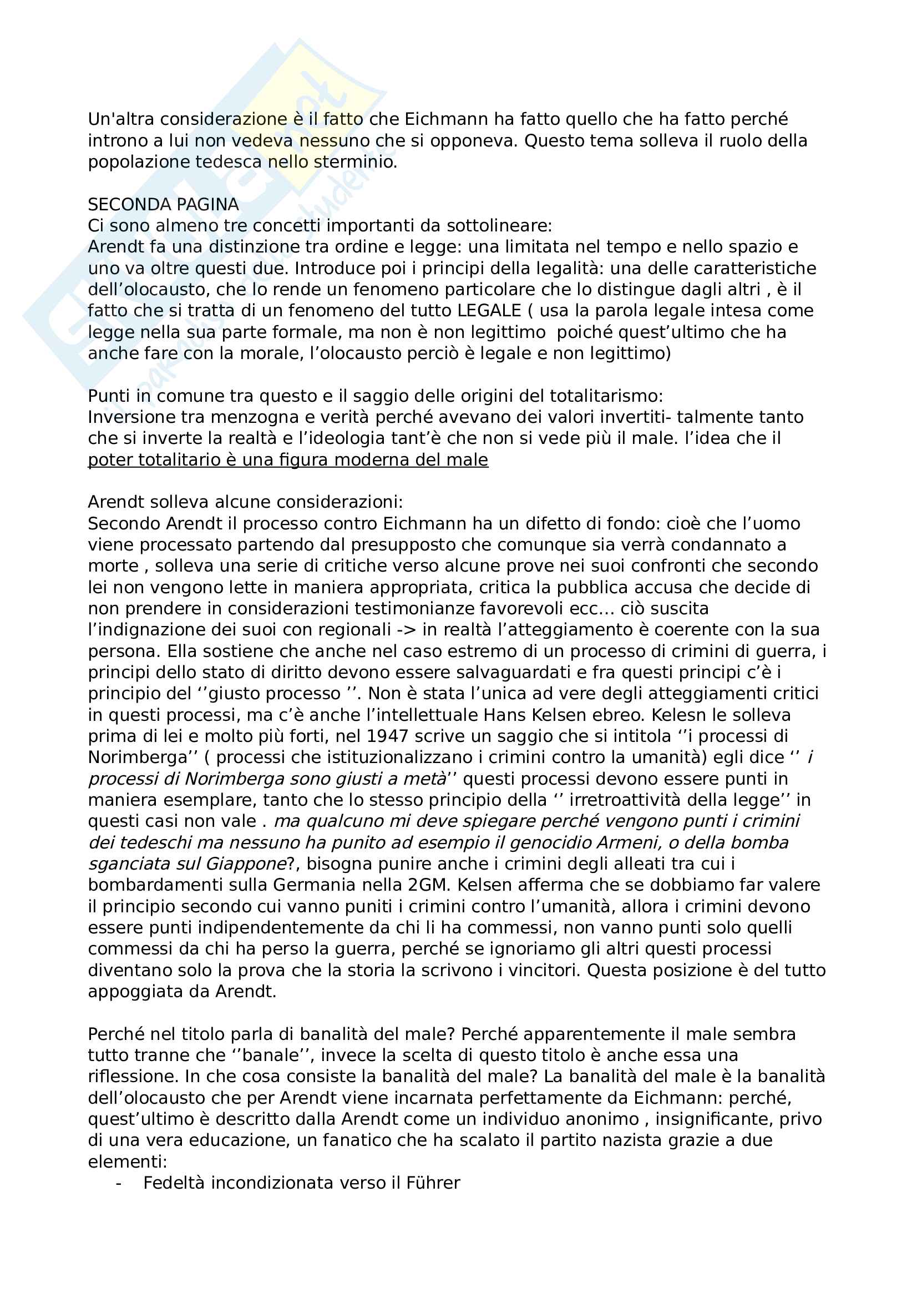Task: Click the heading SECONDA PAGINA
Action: click(163, 204)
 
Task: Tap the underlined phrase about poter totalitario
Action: click(287, 459)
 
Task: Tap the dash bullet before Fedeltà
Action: click(118, 1183)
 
